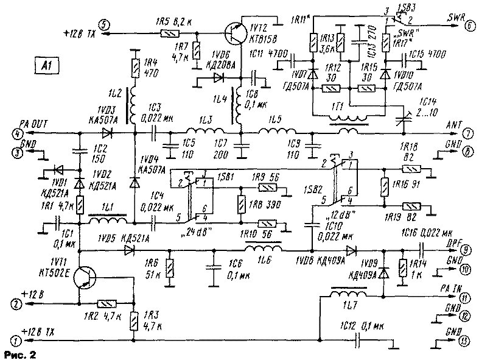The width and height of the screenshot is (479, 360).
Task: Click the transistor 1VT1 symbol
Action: (x=84, y=280)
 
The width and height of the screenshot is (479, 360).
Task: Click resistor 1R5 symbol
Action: (x=165, y=34)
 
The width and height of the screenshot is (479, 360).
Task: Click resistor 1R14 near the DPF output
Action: (x=402, y=267)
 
